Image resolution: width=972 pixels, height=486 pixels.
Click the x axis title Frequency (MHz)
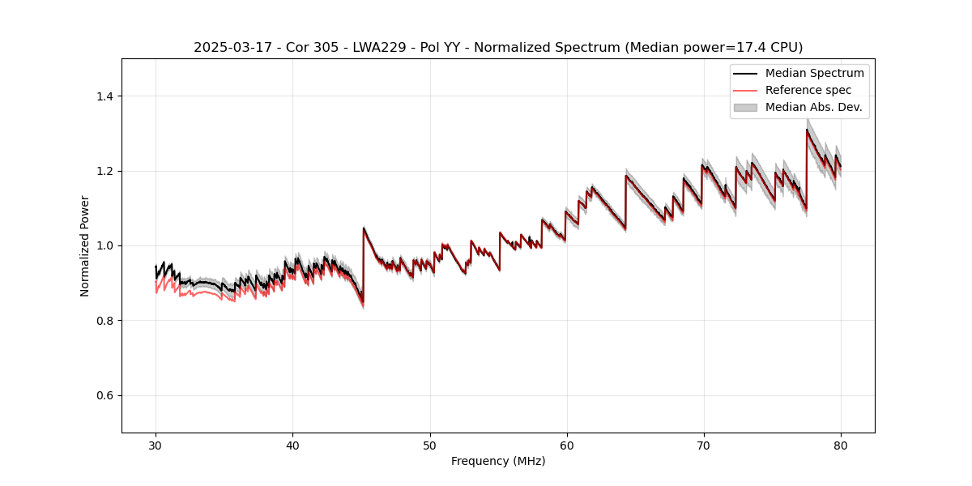pos(498,461)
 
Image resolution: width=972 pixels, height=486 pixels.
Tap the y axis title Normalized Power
pos(84,245)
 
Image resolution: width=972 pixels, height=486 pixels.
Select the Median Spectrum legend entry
pos(814,73)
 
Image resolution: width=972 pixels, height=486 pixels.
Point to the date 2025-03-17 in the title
pos(228,48)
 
